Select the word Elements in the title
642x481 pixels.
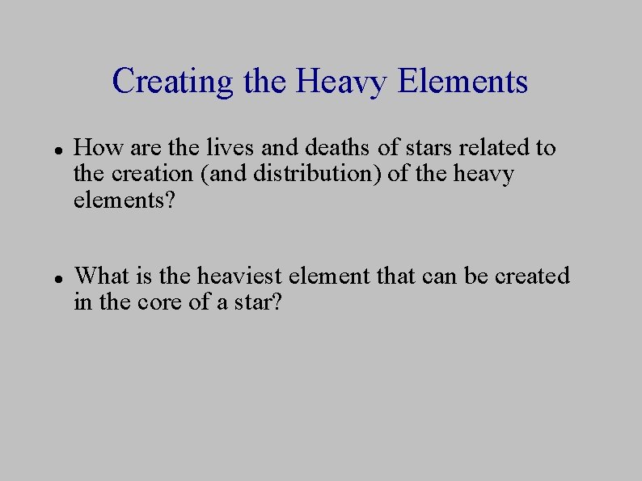[x=464, y=82]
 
